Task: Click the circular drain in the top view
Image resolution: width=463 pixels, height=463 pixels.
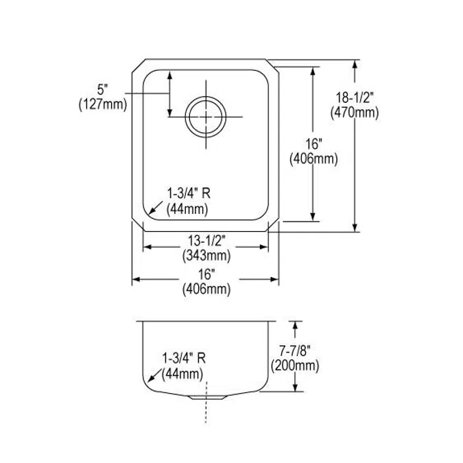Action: click(x=205, y=117)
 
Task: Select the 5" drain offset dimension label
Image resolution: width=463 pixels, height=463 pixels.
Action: click(x=103, y=89)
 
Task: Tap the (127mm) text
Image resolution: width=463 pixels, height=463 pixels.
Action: click(x=103, y=104)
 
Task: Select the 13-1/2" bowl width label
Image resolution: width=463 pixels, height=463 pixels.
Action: click(x=206, y=241)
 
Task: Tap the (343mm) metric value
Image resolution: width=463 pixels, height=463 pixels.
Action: click(x=206, y=256)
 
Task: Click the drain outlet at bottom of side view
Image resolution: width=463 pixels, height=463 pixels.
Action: click(x=205, y=397)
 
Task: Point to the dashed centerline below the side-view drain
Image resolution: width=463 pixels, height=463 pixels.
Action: click(x=205, y=412)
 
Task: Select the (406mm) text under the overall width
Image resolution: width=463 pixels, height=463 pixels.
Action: click(x=206, y=289)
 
